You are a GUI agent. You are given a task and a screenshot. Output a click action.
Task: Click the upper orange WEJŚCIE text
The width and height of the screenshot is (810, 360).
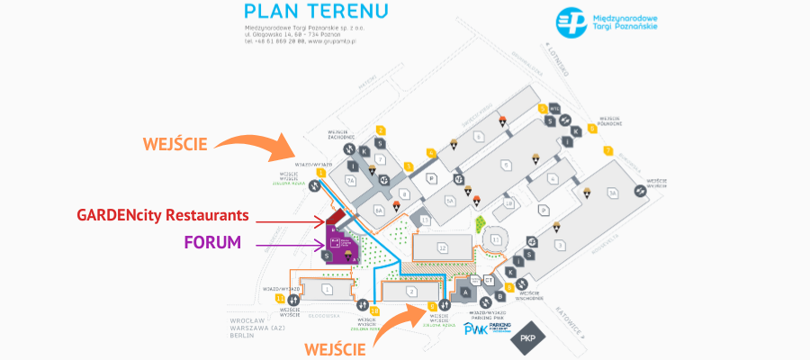[x=175, y=143]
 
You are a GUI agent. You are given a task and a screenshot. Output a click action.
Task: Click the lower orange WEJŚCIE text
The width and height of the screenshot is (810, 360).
[x=334, y=346]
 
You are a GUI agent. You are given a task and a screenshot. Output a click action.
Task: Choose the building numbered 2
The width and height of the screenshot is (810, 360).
[x=410, y=292]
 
